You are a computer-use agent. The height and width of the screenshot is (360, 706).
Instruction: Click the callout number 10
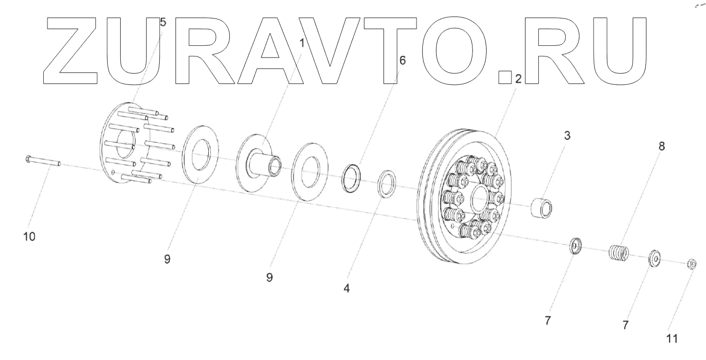(x=30, y=237)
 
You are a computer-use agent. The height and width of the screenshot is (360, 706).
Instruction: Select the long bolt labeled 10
(x=43, y=161)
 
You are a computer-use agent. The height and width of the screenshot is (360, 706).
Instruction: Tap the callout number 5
(x=162, y=22)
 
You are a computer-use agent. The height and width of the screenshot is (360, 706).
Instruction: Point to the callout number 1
(x=302, y=43)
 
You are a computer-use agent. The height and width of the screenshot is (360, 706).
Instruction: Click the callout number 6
(x=402, y=61)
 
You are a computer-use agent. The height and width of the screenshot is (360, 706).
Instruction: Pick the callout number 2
(x=518, y=79)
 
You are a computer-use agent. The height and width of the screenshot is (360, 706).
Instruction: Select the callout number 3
(x=567, y=136)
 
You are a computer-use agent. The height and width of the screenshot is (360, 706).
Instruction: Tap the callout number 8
(x=662, y=146)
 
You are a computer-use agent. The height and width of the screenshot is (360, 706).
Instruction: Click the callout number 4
(x=347, y=288)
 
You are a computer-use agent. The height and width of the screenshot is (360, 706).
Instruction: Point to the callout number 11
(x=672, y=339)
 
